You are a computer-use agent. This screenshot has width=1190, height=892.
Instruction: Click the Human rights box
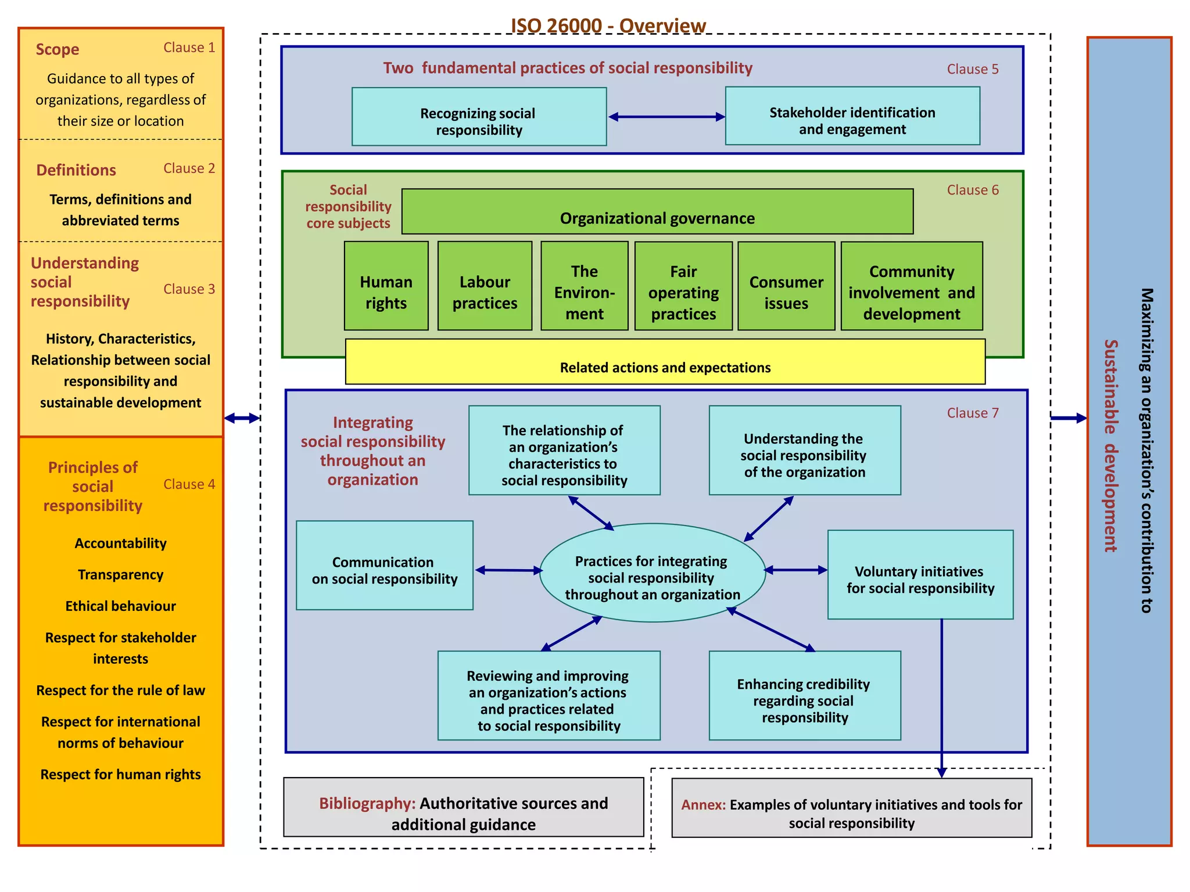386,286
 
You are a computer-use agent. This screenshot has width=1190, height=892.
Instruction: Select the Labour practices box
485,286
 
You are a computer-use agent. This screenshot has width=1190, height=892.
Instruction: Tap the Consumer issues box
786,286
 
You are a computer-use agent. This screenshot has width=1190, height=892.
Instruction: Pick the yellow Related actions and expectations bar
665,366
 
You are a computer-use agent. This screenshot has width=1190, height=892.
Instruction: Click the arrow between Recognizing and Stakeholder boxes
666,117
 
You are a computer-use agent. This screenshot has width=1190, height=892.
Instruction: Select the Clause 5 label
972,69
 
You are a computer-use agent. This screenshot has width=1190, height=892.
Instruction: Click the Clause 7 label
972,413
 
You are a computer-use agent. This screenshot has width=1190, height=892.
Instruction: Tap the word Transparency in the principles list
120,574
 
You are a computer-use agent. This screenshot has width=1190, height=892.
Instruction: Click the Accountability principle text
120,543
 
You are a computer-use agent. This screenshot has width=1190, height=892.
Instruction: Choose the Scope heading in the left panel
57,49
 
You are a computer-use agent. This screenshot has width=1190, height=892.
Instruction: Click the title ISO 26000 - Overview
608,26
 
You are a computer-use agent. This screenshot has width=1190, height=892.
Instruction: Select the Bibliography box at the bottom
463,807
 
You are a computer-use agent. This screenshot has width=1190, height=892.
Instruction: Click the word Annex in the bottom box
703,805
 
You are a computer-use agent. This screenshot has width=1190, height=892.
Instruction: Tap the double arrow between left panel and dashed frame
242,418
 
